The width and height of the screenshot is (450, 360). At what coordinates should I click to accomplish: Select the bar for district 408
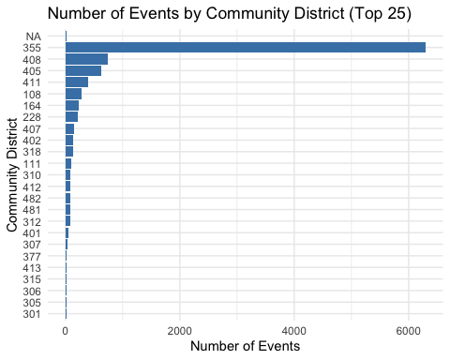(x=86, y=59)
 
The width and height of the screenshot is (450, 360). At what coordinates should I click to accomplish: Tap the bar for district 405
(x=83, y=70)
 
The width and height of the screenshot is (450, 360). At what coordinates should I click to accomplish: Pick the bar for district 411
(x=77, y=82)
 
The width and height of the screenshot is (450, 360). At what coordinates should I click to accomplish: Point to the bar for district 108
(x=73, y=94)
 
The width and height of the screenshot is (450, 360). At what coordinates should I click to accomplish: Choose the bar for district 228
(x=71, y=117)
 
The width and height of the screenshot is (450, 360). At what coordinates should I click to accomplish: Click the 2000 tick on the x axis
(x=180, y=330)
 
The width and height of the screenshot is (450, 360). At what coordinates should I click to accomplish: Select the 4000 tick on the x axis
(x=294, y=330)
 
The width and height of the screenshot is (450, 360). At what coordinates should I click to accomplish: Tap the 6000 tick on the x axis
(x=409, y=330)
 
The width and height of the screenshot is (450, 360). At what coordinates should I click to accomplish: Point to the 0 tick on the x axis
(x=66, y=330)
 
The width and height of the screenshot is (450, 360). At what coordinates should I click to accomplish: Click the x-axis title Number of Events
(x=245, y=347)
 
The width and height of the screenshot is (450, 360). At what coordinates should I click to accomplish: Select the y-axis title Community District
(x=12, y=174)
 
